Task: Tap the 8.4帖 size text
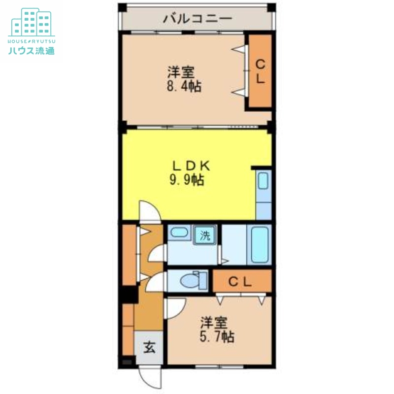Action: [x=183, y=87]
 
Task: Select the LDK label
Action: [x=187, y=165]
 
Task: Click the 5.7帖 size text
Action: [x=217, y=337]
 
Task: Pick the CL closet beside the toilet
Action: [x=242, y=282]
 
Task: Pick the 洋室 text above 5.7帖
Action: [x=213, y=323]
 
